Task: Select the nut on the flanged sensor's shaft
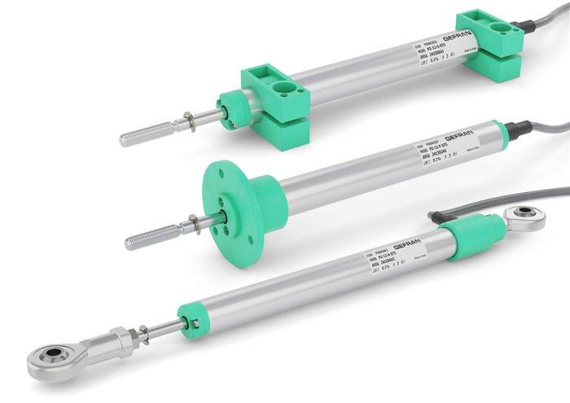point(195,223)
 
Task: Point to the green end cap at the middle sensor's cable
point(502,138)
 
